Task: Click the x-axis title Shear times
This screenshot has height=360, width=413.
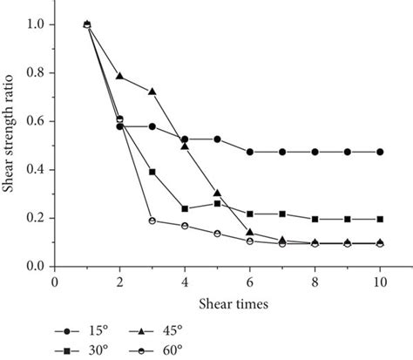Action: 216,304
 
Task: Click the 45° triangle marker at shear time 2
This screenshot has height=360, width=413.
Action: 119,76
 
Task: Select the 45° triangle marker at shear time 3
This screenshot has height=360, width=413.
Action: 152,91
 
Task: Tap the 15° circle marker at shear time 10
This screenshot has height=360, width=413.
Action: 380,152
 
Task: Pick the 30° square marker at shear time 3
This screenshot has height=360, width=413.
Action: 152,172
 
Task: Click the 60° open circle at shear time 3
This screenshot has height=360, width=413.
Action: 152,221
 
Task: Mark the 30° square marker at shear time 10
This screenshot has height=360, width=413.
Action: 380,219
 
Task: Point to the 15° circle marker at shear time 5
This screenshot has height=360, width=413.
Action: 218,139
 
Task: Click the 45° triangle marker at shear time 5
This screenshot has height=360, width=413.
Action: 218,193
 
